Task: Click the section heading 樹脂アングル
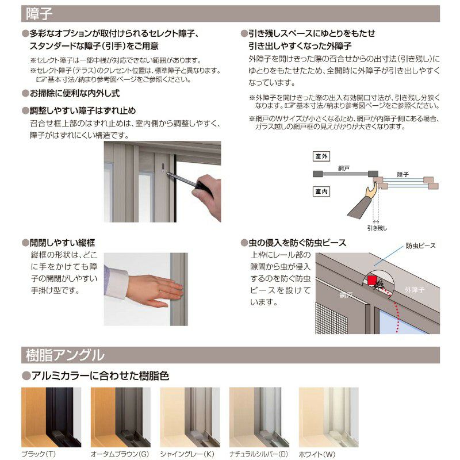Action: [65, 355]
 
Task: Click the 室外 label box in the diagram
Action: [321, 156]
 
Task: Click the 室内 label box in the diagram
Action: [321, 191]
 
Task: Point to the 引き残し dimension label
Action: [377, 228]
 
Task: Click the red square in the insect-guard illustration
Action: [372, 281]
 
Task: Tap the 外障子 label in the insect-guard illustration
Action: [415, 290]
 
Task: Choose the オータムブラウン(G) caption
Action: [120, 454]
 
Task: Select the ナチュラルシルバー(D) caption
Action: [259, 454]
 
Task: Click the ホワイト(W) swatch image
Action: [328, 417]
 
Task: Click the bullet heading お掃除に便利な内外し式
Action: [74, 93]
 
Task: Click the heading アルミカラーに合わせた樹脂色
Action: [98, 376]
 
